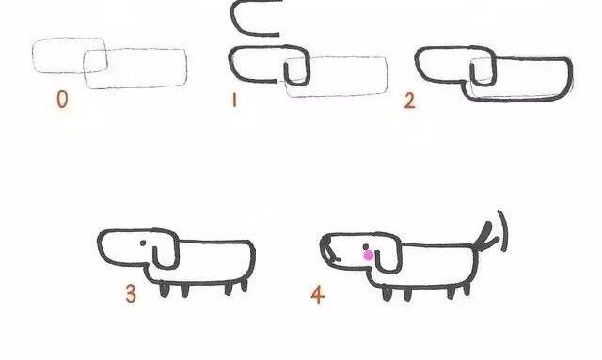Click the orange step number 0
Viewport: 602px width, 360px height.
62,99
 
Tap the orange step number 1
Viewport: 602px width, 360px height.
234,101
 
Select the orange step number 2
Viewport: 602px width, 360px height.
409,101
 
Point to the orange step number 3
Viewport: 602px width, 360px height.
131,293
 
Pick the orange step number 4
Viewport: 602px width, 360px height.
318,294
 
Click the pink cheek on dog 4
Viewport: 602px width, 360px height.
368,255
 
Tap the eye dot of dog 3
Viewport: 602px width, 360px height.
143,243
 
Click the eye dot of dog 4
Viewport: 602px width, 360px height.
366,247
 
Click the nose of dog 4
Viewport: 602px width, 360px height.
327,249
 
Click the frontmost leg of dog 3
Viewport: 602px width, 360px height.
164,290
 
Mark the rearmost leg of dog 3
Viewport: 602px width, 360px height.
245,286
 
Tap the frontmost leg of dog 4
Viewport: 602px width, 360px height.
387,293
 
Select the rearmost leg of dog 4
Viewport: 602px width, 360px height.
467,289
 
